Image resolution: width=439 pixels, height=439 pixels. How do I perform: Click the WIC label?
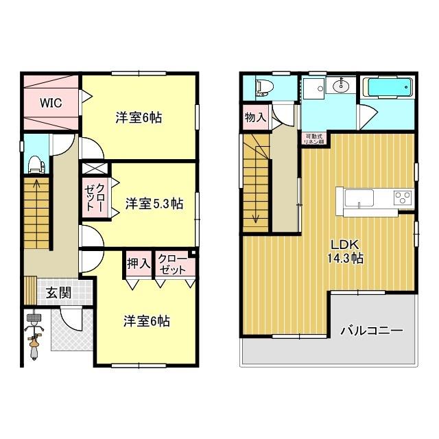click(x=50, y=104)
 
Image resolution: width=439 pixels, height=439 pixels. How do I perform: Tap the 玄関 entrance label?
click(x=58, y=293)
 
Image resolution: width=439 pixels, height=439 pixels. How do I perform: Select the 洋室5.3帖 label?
click(x=154, y=203)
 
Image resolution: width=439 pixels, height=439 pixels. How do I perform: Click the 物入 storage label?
click(x=255, y=118)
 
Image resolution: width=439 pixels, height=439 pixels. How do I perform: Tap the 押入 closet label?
click(x=138, y=263)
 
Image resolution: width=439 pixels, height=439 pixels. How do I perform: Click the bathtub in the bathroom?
click(x=388, y=89)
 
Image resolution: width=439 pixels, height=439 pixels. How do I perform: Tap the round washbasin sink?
click(x=340, y=86)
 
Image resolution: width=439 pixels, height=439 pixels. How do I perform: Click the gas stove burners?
click(x=402, y=199)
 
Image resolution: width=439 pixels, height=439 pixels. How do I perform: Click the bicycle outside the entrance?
click(x=35, y=336)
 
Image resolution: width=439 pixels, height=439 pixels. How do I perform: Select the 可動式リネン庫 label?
click(x=316, y=137)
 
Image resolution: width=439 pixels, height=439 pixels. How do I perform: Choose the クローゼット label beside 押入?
click(x=171, y=263)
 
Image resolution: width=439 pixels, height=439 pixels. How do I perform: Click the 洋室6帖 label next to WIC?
click(x=139, y=117)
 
